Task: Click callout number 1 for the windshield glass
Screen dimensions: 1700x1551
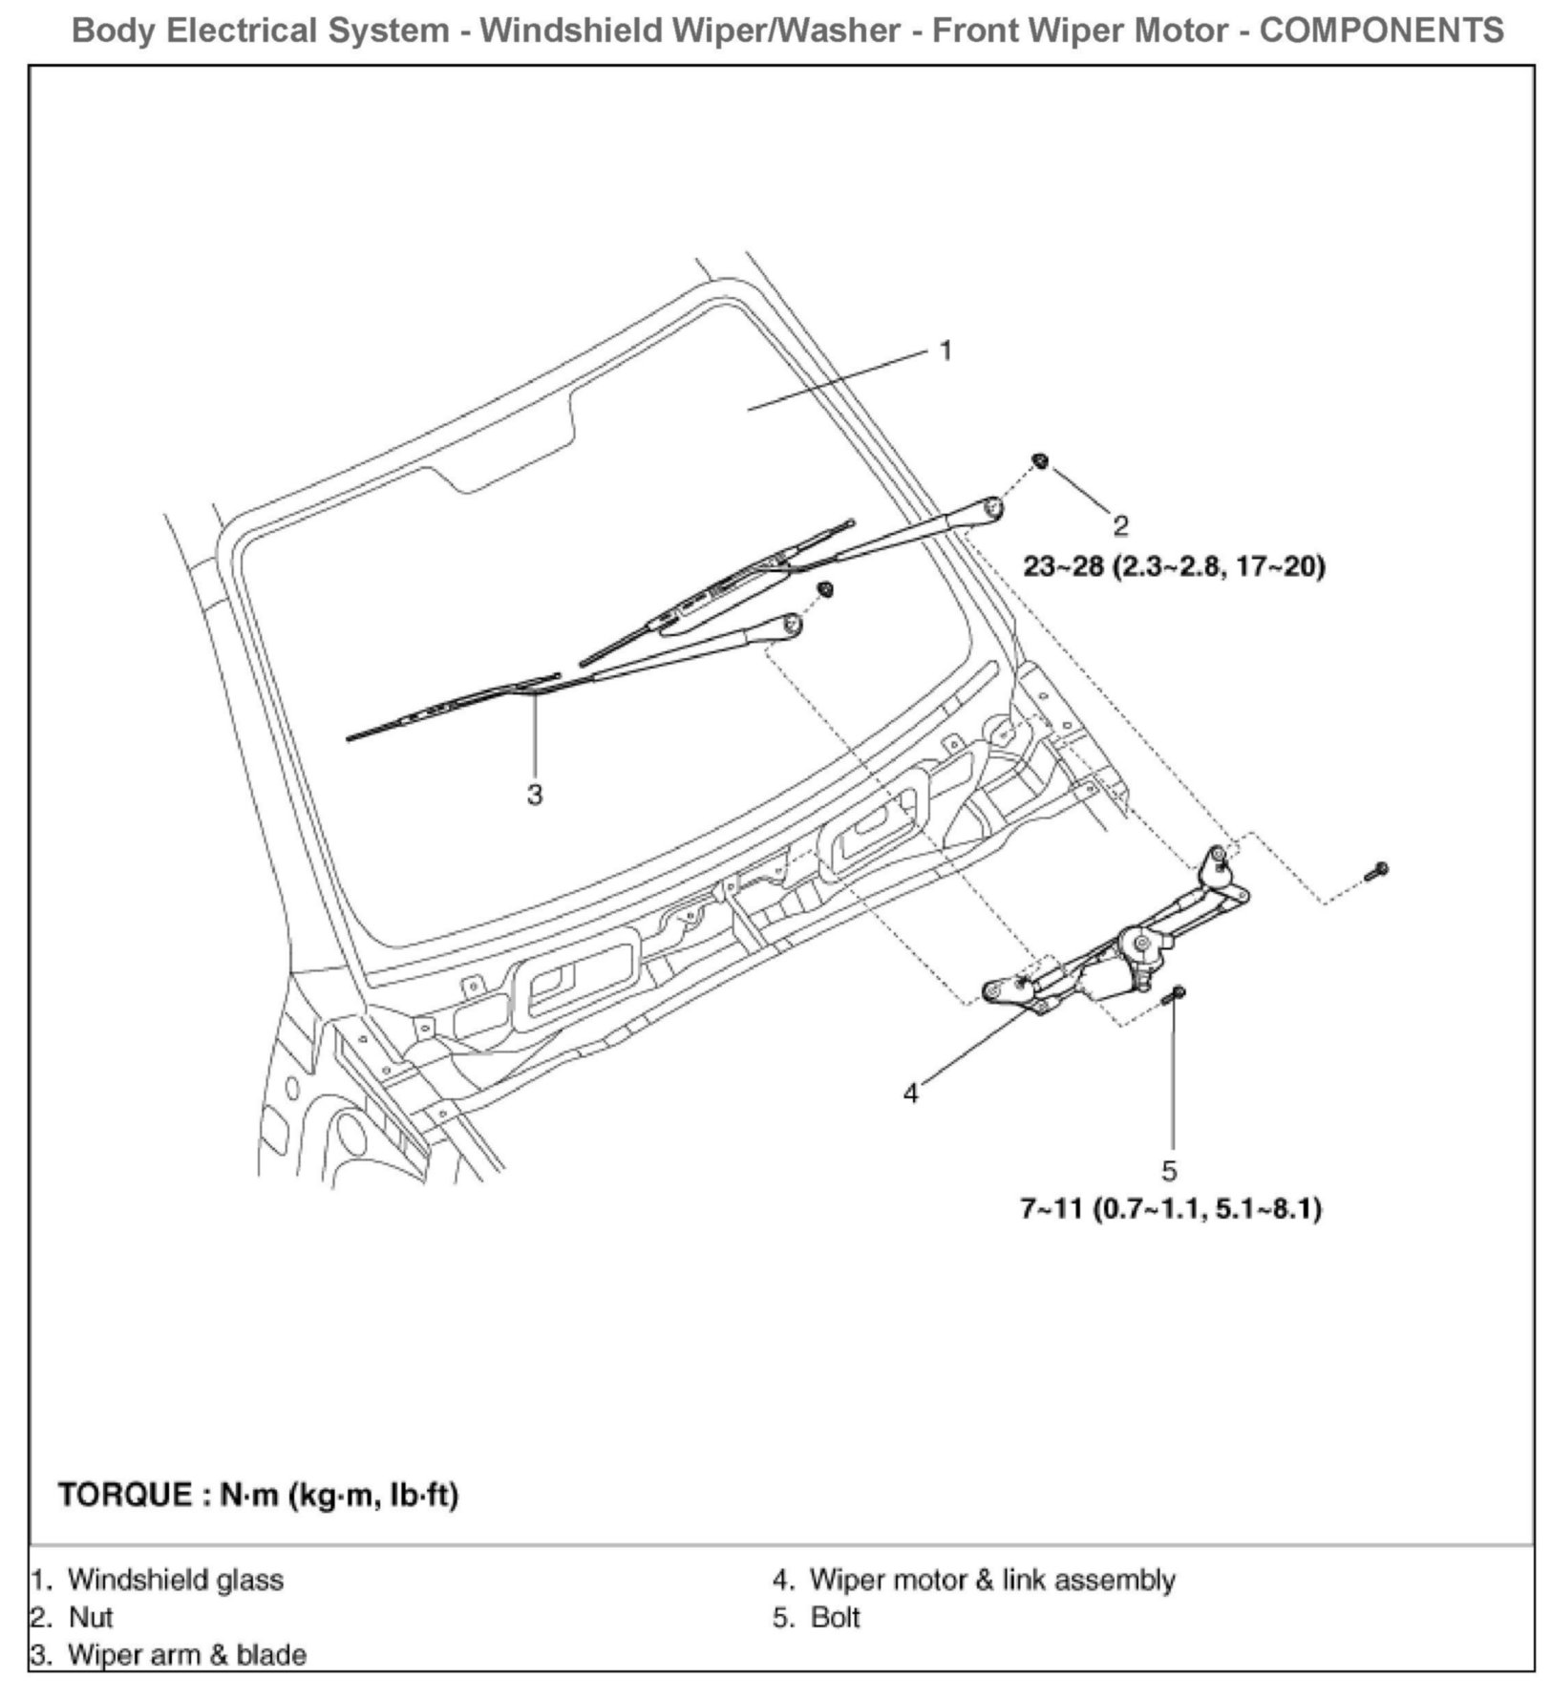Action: pos(945,351)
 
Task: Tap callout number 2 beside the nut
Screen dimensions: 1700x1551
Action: pos(1120,525)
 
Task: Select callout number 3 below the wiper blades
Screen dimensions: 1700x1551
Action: pos(535,794)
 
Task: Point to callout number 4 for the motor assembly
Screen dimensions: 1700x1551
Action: pos(911,1093)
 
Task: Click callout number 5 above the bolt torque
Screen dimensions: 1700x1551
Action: pos(1170,1170)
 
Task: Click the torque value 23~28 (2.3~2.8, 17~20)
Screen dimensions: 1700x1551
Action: pos(1174,566)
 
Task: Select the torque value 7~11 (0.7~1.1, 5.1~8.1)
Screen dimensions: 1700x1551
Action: pos(1170,1209)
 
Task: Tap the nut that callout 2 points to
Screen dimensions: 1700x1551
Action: pos(1040,461)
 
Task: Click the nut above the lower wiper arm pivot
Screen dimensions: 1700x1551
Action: pos(826,589)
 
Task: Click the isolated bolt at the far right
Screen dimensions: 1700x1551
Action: pos(1378,870)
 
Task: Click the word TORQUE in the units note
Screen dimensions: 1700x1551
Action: pos(125,1495)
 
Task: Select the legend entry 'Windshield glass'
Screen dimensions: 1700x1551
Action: pos(175,1580)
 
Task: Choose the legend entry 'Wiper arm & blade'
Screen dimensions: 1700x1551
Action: pos(186,1654)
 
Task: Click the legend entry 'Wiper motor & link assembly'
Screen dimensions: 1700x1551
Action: pos(991,1580)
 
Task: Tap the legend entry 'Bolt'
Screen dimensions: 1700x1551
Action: pos(835,1617)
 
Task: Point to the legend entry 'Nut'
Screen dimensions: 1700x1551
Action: pos(90,1617)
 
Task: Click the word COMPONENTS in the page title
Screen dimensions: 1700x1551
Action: pos(1381,31)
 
